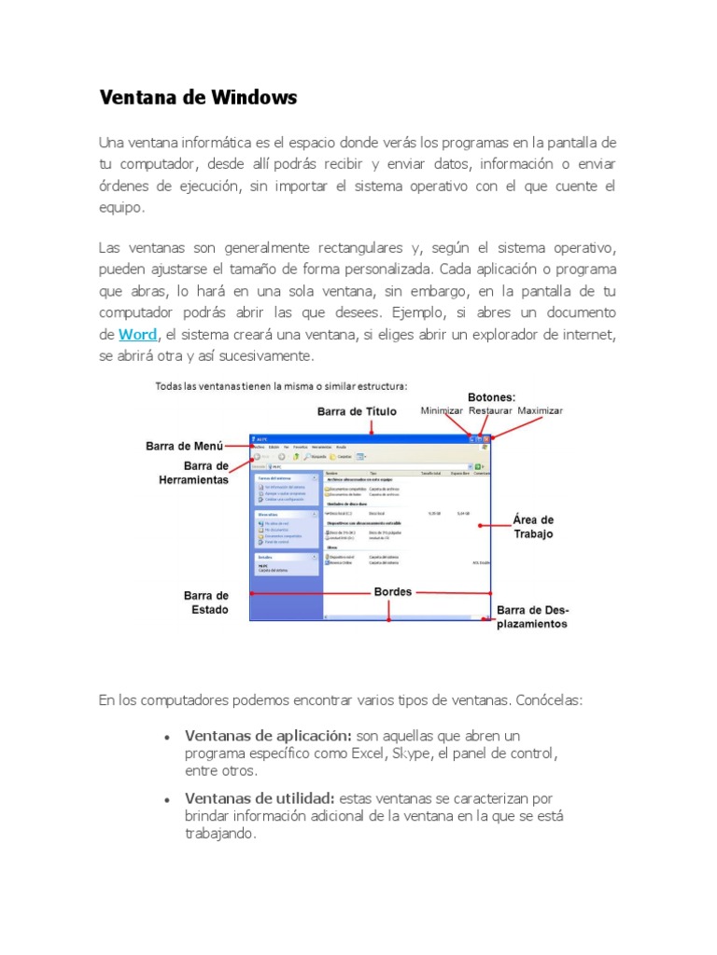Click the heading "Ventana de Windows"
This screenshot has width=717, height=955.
[x=198, y=97]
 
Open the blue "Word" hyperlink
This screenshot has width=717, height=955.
[x=137, y=334]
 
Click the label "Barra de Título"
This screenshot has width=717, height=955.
[x=357, y=410]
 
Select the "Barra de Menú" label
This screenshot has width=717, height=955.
[x=184, y=446]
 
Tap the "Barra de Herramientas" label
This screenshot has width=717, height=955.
[x=192, y=472]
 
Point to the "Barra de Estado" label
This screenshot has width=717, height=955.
[x=205, y=602]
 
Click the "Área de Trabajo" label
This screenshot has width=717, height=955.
[x=533, y=526]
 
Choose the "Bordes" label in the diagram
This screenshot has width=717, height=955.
[x=392, y=591]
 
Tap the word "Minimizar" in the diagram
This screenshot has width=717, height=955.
[x=442, y=409]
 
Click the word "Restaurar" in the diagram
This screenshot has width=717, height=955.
[x=490, y=409]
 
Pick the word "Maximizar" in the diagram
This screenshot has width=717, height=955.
[x=541, y=409]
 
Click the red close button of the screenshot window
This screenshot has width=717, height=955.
[x=485, y=438]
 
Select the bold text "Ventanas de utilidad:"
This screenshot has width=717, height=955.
[x=260, y=798]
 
